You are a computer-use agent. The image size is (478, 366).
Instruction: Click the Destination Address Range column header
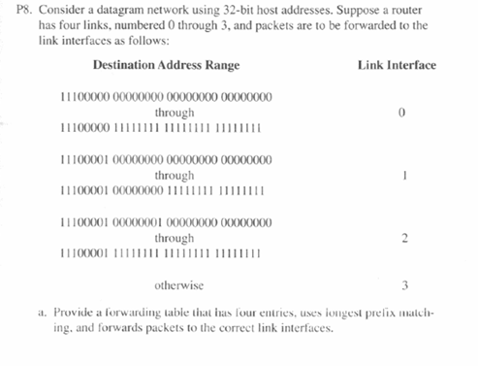coord(166,65)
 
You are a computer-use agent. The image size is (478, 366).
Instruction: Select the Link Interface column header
coord(397,65)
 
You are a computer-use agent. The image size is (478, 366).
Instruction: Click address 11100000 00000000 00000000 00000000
coord(166,97)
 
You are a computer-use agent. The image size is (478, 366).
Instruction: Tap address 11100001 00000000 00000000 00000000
coord(166,160)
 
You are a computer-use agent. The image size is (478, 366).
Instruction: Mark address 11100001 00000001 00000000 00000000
coord(166,222)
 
